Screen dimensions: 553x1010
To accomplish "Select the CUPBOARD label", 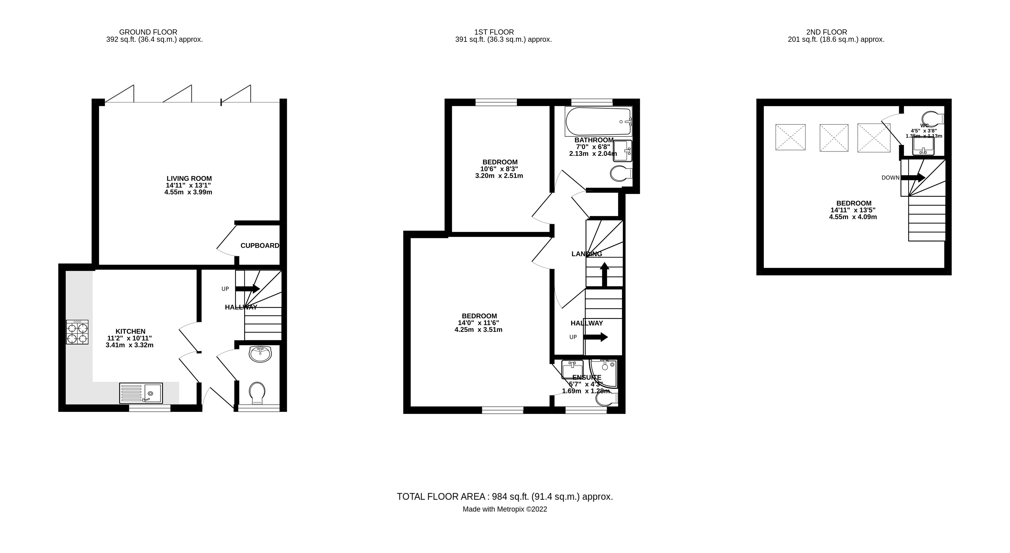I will pyautogui.click(x=259, y=246).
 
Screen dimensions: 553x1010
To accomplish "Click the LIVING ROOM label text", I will pyautogui.click(x=189, y=178).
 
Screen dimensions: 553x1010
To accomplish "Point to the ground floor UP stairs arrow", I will pyautogui.click(x=247, y=289).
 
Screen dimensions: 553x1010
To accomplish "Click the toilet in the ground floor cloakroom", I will pyautogui.click(x=257, y=392).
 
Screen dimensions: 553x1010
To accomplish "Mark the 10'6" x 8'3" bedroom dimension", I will pyautogui.click(x=499, y=169).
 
